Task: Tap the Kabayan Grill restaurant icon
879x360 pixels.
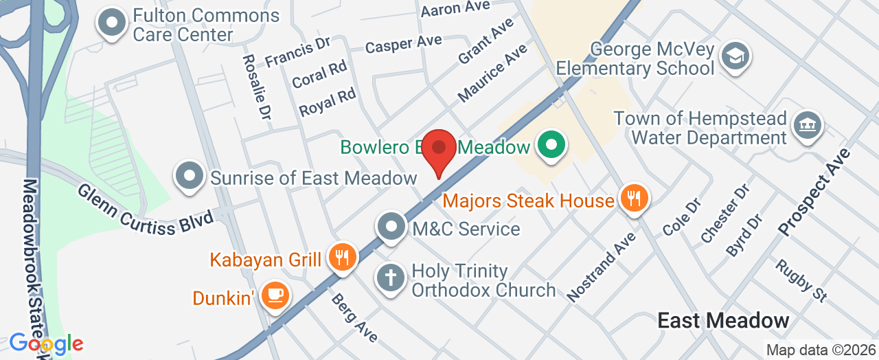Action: tap(341, 258)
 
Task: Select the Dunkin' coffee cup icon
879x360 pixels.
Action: tap(275, 296)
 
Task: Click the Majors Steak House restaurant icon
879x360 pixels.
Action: tap(632, 199)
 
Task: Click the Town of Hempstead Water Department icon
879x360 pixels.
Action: tap(806, 126)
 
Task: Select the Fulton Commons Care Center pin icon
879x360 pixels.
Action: tap(113, 23)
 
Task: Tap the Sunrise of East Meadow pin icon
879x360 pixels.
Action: tap(190, 177)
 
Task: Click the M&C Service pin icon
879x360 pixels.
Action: tap(391, 227)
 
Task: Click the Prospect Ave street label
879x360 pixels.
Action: tap(815, 192)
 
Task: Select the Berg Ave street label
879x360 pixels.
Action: tap(354, 317)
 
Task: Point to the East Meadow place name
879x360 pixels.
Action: tap(723, 320)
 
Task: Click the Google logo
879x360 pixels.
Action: tap(46, 343)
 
